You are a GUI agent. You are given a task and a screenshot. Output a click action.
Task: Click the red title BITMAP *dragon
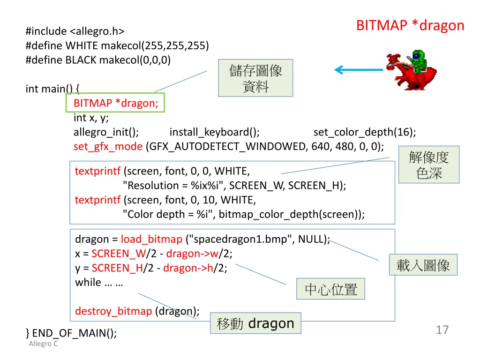(410, 25)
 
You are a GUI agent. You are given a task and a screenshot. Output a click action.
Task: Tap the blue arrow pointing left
(358, 70)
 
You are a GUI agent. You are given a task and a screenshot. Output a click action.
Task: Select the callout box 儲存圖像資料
(255, 78)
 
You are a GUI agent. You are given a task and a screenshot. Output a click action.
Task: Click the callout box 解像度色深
(428, 165)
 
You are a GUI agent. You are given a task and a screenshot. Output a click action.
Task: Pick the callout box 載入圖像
(423, 265)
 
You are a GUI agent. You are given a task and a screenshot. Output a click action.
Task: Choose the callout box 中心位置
(330, 289)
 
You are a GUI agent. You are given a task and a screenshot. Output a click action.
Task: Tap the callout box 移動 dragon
(255, 323)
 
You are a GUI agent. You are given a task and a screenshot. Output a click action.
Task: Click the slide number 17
(442, 330)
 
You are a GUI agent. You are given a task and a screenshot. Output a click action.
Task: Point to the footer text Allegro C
(43, 344)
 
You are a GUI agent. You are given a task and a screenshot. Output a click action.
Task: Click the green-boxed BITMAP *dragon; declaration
(115, 103)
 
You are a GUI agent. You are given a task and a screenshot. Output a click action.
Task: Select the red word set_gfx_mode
(108, 146)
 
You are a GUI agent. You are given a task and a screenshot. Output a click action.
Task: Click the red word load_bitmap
(151, 239)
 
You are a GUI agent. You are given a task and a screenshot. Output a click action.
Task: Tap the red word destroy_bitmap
(113, 311)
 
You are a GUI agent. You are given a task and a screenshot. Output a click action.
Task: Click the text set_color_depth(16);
(364, 132)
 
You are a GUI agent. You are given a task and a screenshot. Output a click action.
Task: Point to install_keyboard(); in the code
(214, 132)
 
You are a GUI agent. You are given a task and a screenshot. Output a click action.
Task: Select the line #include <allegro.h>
(75, 31)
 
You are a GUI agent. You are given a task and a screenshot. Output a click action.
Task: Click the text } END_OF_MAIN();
(71, 333)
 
